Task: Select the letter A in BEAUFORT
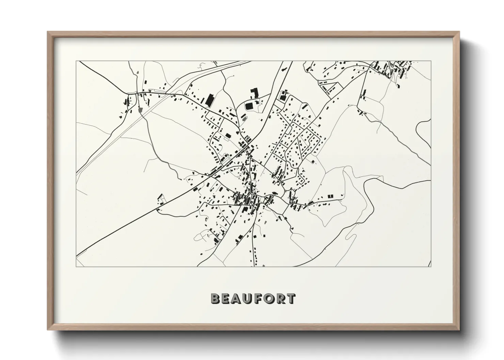click(237, 299)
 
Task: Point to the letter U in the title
click(248, 299)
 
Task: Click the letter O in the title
click(269, 299)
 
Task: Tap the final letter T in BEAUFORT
click(290, 299)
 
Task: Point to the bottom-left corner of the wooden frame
click(48, 330)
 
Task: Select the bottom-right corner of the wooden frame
click(459, 330)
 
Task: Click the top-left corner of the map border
click(76, 61)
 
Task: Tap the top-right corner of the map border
click(431, 61)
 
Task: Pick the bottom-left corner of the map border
click(76, 266)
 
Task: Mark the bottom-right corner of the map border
click(431, 266)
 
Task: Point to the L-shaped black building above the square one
click(254, 93)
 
